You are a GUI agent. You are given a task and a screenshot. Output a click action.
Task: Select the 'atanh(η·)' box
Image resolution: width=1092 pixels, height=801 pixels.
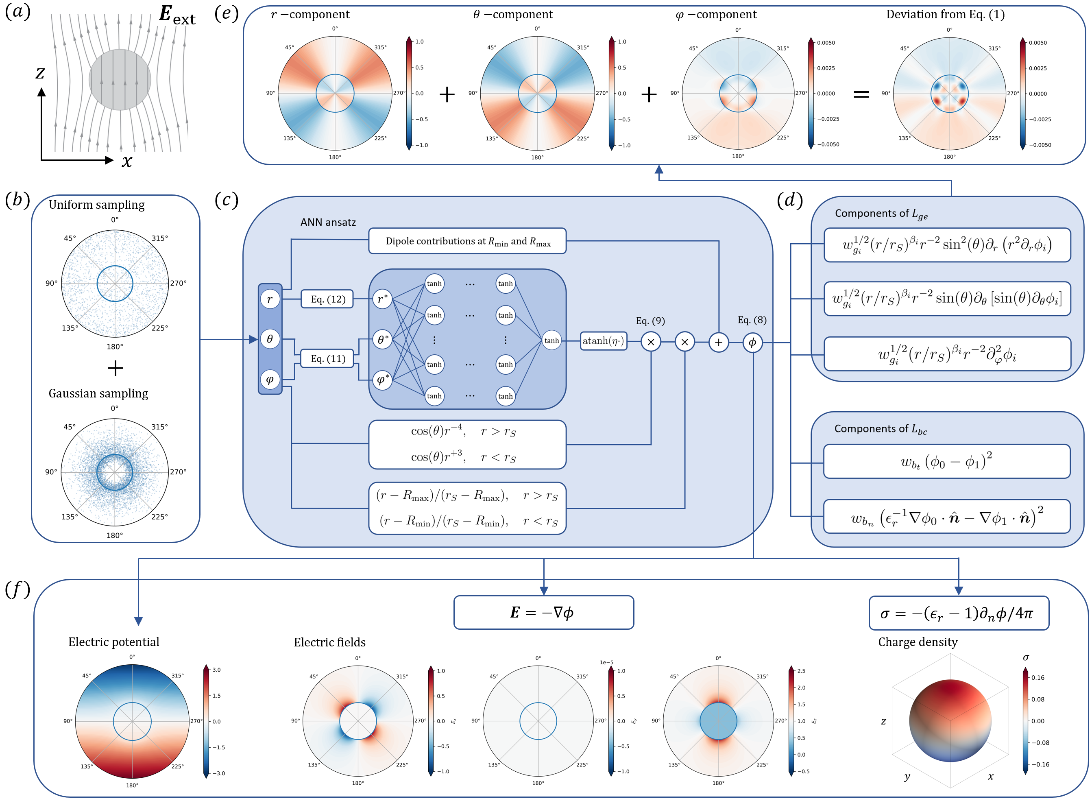pyautogui.click(x=604, y=341)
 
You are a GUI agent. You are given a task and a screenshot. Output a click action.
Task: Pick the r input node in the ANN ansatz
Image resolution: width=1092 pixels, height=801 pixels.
pyautogui.click(x=270, y=299)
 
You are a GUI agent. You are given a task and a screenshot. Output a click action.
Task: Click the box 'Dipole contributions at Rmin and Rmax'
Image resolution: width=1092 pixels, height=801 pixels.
pyautogui.click(x=467, y=241)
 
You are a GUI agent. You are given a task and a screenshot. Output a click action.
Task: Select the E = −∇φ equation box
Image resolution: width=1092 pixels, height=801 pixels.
pyautogui.click(x=543, y=612)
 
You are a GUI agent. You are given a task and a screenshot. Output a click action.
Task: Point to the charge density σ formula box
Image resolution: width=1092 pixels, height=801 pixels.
pyautogui.click(x=958, y=613)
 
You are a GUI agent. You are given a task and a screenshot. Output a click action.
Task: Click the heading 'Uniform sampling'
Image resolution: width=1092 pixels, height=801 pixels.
pyautogui.click(x=96, y=205)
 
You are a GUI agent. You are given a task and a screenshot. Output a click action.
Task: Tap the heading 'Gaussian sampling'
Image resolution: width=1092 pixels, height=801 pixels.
pyautogui.click(x=98, y=393)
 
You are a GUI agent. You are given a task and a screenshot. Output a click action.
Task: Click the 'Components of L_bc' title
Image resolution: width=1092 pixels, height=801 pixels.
pyautogui.click(x=880, y=429)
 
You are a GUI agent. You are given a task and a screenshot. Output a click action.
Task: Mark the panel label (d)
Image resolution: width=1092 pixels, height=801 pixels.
pyautogui.click(x=789, y=200)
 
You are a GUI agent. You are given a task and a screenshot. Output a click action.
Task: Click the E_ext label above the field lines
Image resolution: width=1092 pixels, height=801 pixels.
pyautogui.click(x=177, y=15)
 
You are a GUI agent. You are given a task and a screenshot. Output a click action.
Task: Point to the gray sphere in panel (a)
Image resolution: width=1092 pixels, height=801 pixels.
pyautogui.click(x=120, y=79)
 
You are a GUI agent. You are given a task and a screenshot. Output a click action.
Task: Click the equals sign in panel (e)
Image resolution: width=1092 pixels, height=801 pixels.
pyautogui.click(x=861, y=94)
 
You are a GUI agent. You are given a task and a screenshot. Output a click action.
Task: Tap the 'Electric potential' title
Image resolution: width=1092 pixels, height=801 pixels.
pyautogui.click(x=113, y=642)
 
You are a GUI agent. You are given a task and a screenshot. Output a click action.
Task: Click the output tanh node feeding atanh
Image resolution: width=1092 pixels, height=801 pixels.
pyautogui.click(x=551, y=340)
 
